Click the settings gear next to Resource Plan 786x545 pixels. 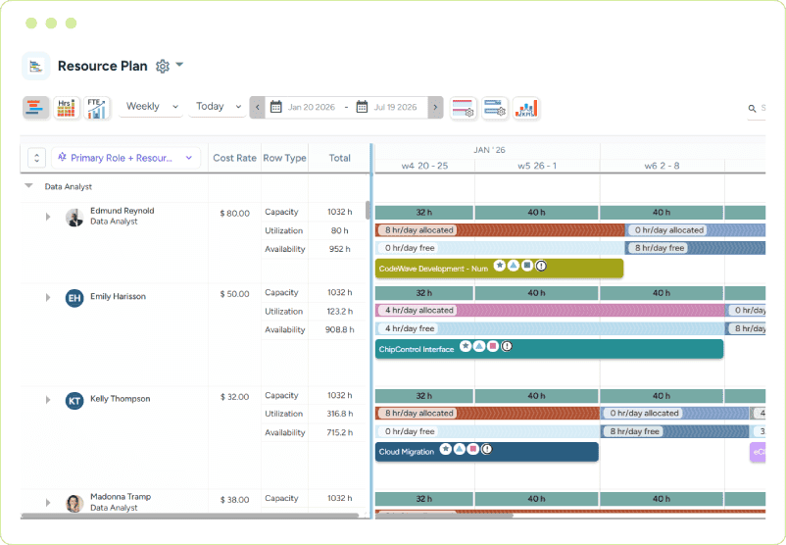click(x=163, y=66)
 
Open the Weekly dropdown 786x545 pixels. click(x=151, y=107)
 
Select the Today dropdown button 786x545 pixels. click(x=218, y=107)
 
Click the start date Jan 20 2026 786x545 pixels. click(x=303, y=107)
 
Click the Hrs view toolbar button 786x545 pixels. click(x=66, y=108)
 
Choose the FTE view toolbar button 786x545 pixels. click(x=96, y=108)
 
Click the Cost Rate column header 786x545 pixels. click(x=234, y=158)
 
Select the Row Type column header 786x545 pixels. click(x=284, y=158)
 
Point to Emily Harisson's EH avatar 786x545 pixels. click(x=74, y=298)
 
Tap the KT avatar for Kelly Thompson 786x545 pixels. click(x=74, y=401)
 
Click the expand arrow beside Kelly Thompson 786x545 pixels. click(x=48, y=400)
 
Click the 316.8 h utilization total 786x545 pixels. click(x=340, y=414)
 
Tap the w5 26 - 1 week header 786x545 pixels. click(x=537, y=166)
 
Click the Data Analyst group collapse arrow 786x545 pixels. click(x=29, y=185)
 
